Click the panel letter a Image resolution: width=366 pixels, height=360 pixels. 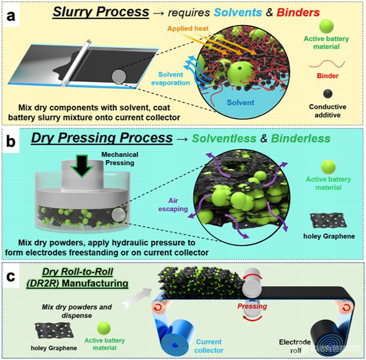(11, 17)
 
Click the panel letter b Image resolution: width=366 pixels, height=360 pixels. (10, 141)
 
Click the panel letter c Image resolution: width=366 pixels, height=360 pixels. (10, 277)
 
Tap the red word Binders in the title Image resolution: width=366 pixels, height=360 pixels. (298, 13)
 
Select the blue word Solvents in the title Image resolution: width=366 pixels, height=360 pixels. (238, 13)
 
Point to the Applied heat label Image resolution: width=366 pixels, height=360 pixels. (188, 29)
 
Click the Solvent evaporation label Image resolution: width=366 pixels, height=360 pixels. (170, 79)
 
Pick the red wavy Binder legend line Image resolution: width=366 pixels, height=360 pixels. (327, 63)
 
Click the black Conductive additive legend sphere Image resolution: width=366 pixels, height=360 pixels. (328, 94)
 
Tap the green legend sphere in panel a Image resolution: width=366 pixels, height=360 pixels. (327, 26)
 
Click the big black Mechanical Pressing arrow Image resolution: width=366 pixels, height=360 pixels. (82, 166)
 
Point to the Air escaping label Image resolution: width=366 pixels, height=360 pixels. (173, 205)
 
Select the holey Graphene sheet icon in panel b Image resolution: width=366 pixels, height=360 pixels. (328, 221)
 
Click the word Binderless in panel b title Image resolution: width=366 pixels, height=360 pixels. (301, 138)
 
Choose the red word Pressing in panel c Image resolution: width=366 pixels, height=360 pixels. (252, 306)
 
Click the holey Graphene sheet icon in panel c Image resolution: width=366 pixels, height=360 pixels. (54, 331)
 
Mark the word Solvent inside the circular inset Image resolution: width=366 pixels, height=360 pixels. (240, 103)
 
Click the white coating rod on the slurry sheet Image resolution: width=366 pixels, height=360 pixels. (75, 63)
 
